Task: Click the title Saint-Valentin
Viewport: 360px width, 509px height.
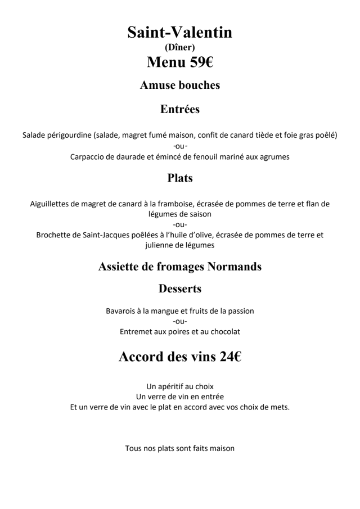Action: [x=179, y=33]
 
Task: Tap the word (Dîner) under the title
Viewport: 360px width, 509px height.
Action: [x=179, y=48]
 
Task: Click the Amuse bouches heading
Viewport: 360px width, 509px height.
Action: [x=179, y=85]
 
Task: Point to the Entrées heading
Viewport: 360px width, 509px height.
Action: [x=179, y=109]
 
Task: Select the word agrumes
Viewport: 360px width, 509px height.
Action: [x=273, y=157]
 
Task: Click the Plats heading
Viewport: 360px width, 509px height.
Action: [x=179, y=178]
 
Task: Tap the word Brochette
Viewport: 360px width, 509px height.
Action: [x=55, y=235]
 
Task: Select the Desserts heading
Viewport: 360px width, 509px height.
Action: [x=179, y=289]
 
